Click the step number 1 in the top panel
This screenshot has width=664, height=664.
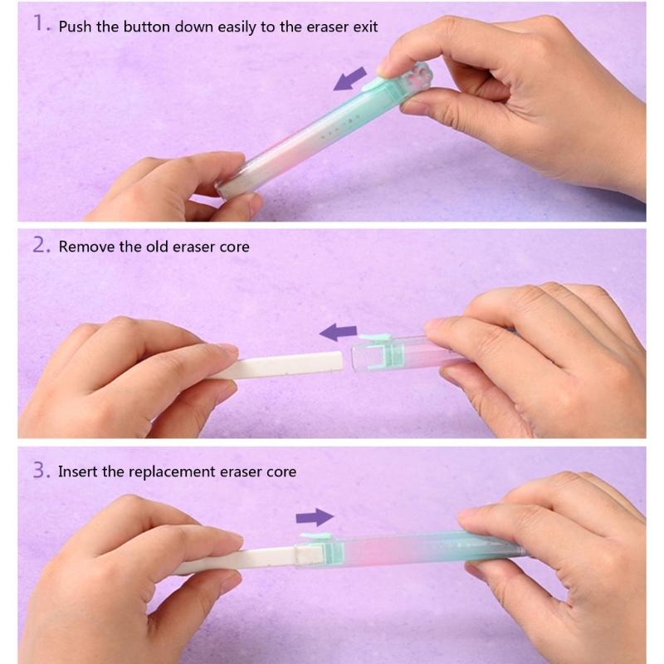pyautogui.click(x=42, y=26)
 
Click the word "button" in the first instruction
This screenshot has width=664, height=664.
pyautogui.click(x=146, y=27)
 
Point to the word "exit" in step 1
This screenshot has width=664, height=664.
pyautogui.click(x=364, y=27)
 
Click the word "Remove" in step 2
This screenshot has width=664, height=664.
pyautogui.click(x=85, y=247)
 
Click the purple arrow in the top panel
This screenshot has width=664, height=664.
pyautogui.click(x=349, y=81)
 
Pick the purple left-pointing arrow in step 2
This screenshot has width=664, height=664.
pyautogui.click(x=338, y=333)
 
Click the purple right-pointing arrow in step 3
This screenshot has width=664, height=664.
pyautogui.click(x=315, y=518)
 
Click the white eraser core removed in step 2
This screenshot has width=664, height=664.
pyautogui.click(x=274, y=363)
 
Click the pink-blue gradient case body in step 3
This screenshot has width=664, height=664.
pyautogui.click(x=407, y=548)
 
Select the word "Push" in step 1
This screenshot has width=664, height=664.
pyautogui.click(x=76, y=27)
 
